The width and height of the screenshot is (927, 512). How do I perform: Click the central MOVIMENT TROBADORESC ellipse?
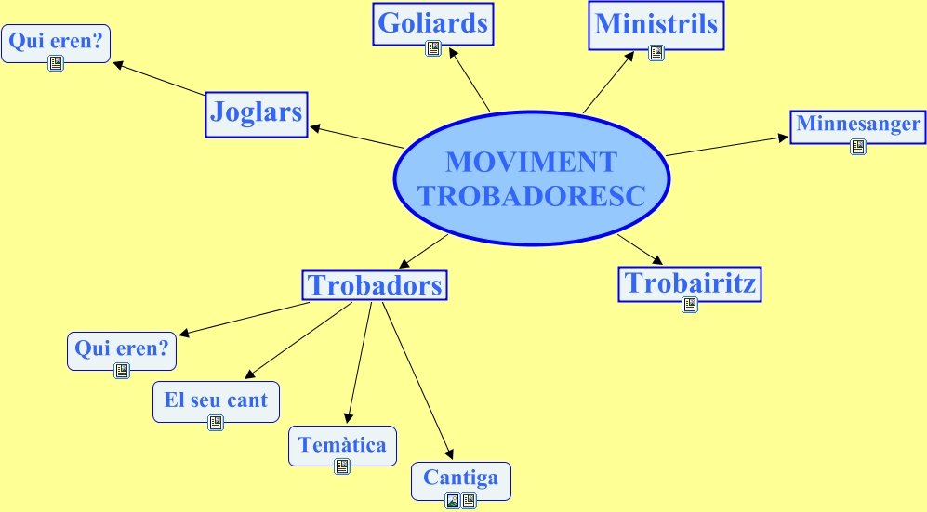(x=531, y=178)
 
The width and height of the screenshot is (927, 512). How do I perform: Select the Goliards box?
(x=432, y=23)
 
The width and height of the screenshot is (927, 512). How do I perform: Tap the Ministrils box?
(x=656, y=24)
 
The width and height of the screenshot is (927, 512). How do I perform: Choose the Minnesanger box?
(x=858, y=125)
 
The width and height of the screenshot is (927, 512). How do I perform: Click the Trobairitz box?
(x=689, y=283)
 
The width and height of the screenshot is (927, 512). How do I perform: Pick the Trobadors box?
(x=375, y=285)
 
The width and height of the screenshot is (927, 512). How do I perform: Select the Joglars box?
(x=257, y=113)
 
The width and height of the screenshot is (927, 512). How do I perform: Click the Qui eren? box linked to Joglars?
(x=55, y=40)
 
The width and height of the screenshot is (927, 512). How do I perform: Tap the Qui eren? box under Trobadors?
(x=121, y=349)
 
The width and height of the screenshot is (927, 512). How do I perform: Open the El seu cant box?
(x=216, y=400)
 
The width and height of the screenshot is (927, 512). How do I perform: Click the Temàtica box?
(x=342, y=445)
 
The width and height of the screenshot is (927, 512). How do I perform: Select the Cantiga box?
(x=461, y=479)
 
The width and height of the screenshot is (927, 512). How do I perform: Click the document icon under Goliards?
(x=433, y=49)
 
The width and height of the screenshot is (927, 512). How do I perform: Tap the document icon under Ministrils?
(x=656, y=53)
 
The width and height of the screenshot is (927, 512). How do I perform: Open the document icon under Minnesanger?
(x=858, y=146)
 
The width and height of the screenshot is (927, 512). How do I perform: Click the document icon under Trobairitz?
(x=690, y=305)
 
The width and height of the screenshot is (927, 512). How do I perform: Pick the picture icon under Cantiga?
(x=453, y=501)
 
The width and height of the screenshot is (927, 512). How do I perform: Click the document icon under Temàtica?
(x=342, y=466)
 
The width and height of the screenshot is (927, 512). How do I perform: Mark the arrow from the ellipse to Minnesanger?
(x=725, y=147)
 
